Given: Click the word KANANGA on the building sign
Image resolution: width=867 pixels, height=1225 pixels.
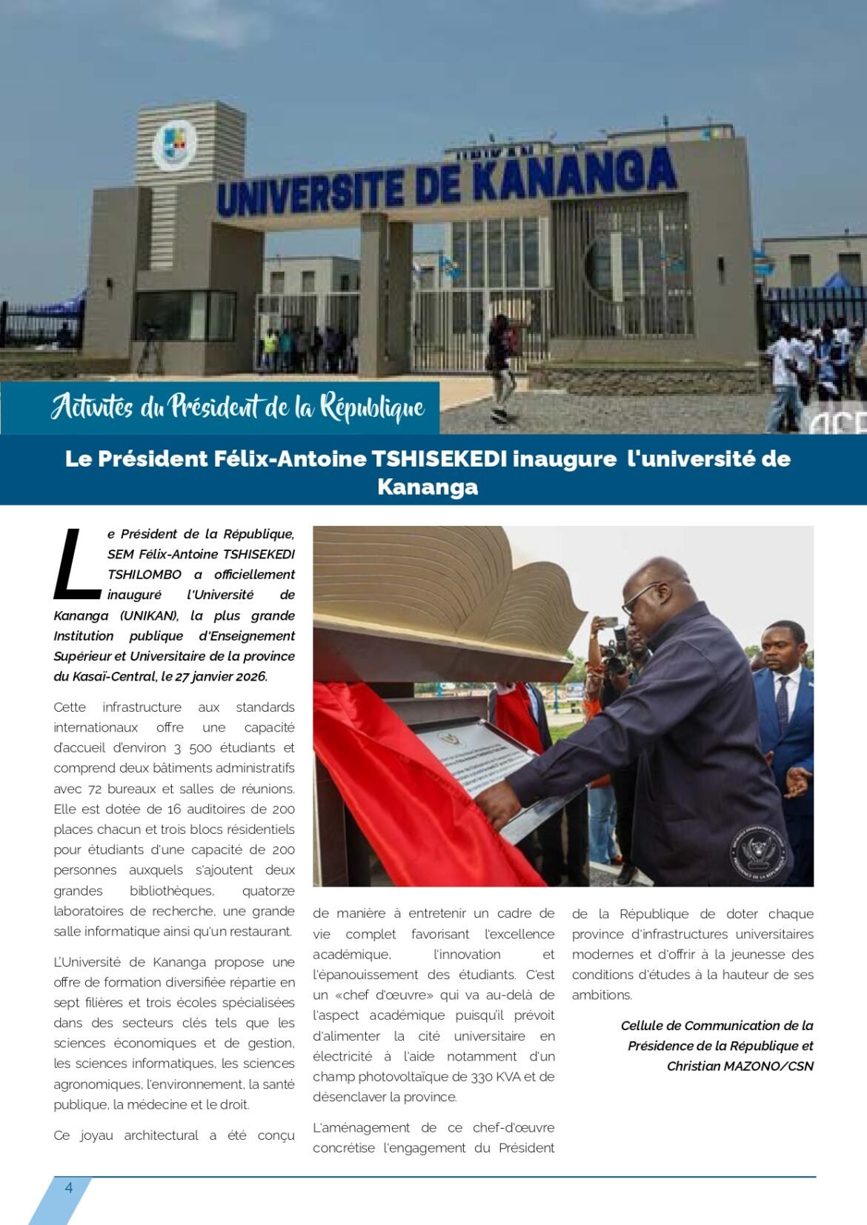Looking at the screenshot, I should pos(574,175).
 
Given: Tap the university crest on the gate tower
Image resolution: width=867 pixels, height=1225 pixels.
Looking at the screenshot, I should pos(175,145).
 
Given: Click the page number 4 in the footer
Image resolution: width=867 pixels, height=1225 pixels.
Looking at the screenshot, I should pos(69,1187).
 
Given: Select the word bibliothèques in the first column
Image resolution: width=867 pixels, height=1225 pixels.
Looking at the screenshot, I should pos(171,891).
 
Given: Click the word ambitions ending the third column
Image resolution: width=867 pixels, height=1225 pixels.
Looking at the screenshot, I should pos(601,995).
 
